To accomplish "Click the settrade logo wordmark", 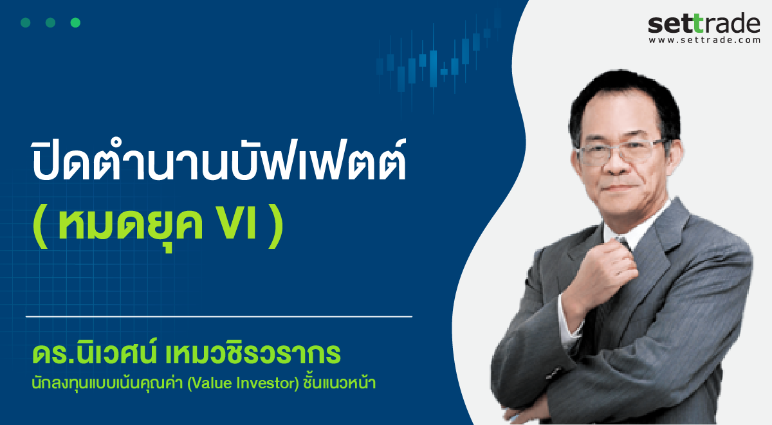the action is pyautogui.click(x=704, y=24).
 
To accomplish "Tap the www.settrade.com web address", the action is pyautogui.click(x=704, y=40).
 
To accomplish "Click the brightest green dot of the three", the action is pyautogui.click(x=75, y=23).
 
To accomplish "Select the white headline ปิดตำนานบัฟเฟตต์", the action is pyautogui.click(x=219, y=161).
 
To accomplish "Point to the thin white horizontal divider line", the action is pyautogui.click(x=219, y=316).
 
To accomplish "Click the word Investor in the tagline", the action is pyautogui.click(x=268, y=383).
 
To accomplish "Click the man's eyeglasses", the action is pyautogui.click(x=620, y=152).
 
